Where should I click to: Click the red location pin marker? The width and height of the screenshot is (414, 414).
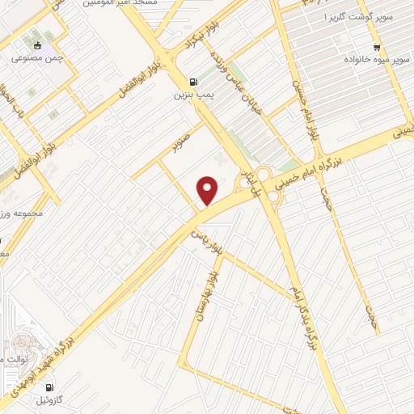[209, 190]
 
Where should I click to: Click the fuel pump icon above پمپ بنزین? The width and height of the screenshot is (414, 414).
[192, 81]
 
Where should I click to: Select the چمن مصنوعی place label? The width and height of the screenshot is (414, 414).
[37, 58]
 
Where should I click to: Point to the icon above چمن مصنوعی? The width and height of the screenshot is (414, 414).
[37, 44]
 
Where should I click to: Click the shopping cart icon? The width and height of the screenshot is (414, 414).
[376, 47]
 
